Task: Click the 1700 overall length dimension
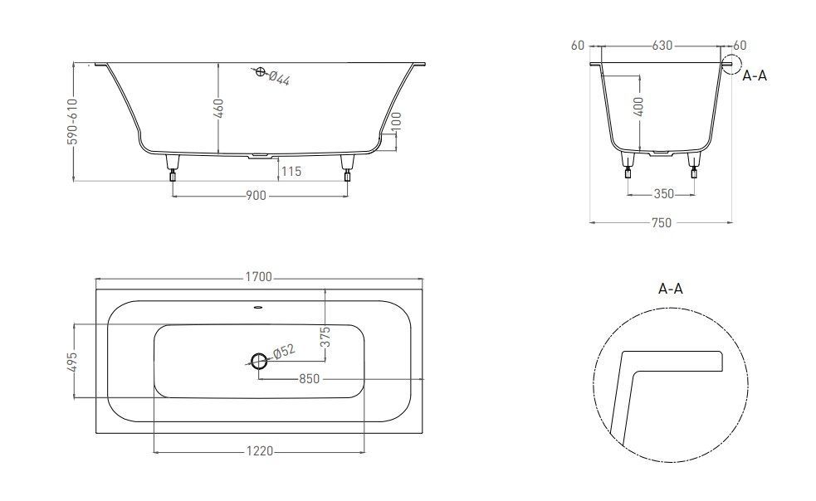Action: pyautogui.click(x=259, y=277)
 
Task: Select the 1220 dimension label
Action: pyautogui.click(x=259, y=451)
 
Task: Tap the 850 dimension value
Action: pyautogui.click(x=309, y=379)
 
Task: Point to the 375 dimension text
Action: pyautogui.click(x=325, y=337)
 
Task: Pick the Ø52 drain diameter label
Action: pyautogui.click(x=284, y=351)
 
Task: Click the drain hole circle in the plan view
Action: pyautogui.click(x=259, y=360)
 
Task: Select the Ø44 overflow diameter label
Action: pyautogui.click(x=279, y=78)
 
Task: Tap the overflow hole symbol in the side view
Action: pyautogui.click(x=260, y=72)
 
